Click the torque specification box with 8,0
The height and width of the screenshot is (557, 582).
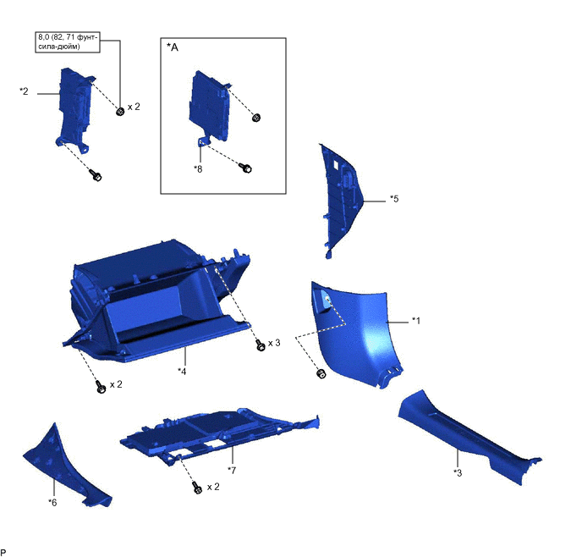[68, 42]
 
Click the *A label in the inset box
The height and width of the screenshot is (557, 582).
[173, 47]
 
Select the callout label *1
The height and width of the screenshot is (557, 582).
[416, 321]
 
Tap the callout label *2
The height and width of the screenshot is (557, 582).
[24, 91]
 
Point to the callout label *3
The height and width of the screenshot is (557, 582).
[458, 472]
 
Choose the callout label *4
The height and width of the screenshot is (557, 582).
[182, 371]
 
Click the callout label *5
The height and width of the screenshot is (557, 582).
[394, 199]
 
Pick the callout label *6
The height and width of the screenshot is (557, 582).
[52, 503]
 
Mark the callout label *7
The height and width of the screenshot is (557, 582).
[232, 471]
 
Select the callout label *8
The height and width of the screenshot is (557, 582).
[198, 169]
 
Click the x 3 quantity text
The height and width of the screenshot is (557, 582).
[274, 343]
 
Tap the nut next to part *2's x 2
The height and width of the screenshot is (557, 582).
[120, 112]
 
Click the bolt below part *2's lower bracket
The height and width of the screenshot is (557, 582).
[96, 175]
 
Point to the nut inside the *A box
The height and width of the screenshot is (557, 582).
[256, 118]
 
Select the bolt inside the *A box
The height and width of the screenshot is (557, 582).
[245, 168]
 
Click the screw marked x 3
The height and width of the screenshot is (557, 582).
[261, 345]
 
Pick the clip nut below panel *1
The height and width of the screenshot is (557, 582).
[321, 373]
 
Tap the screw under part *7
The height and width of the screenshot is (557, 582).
[198, 488]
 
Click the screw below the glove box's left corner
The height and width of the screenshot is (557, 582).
[101, 387]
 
